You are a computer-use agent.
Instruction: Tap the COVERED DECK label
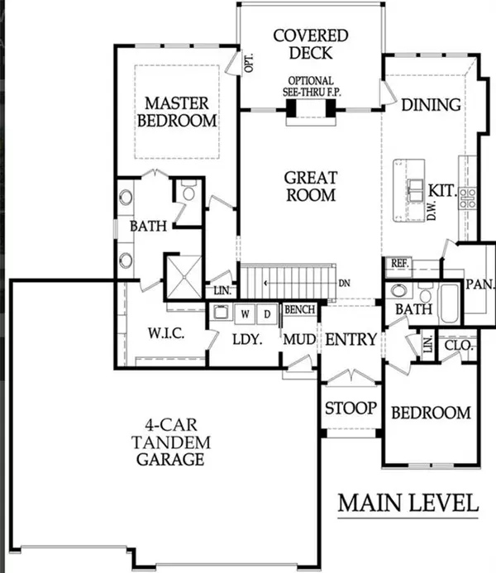pyautogui.click(x=311, y=45)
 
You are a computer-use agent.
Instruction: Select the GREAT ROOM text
pyautogui.click(x=311, y=186)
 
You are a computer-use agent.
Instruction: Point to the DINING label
pyautogui.click(x=430, y=105)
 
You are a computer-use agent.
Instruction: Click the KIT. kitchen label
pyautogui.click(x=443, y=191)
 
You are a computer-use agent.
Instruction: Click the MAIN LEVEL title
pyautogui.click(x=408, y=502)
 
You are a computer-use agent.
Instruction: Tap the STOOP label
pyautogui.click(x=350, y=408)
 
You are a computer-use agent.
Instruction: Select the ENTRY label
pyautogui.click(x=351, y=339)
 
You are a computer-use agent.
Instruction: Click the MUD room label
pyautogui.click(x=296, y=340)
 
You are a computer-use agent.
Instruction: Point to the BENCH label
pyautogui.click(x=299, y=310)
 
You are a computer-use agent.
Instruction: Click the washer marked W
pyautogui.click(x=246, y=314)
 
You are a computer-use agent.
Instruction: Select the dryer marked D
pyautogui.click(x=267, y=314)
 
